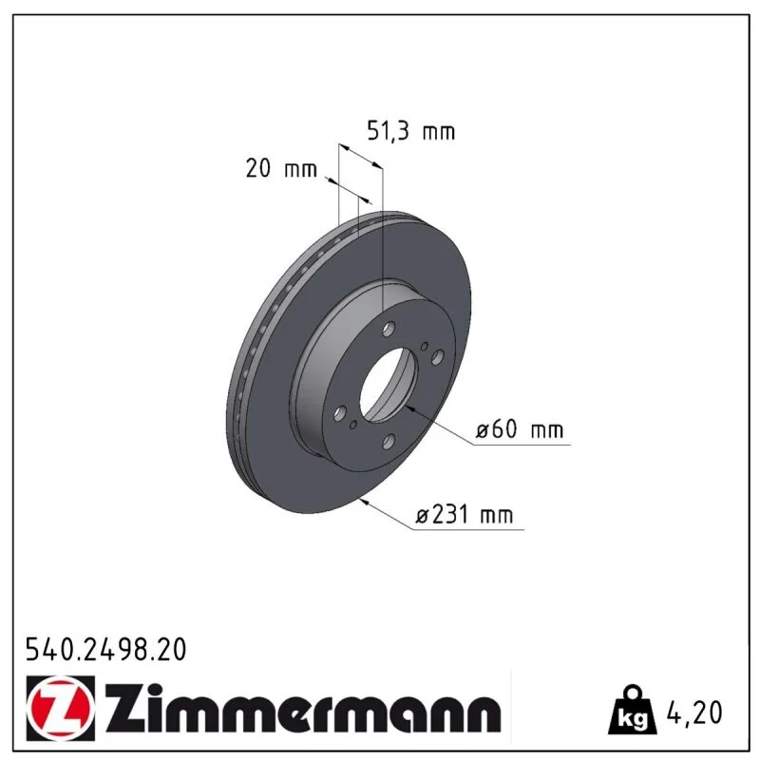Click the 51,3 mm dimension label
411,131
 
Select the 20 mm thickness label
281,169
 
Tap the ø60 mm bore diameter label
520,429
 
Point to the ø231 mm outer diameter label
465,514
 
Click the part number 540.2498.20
105,650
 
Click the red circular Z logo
60,708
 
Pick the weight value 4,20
694,712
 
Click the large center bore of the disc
389,385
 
